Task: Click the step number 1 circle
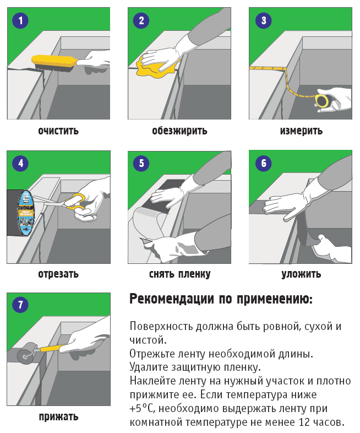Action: (x=21, y=21)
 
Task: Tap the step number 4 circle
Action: (x=21, y=164)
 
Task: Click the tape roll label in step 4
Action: (x=26, y=212)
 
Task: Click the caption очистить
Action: (x=58, y=131)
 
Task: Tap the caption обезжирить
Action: (x=179, y=131)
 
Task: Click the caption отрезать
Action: (x=58, y=274)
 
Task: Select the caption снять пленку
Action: (x=179, y=274)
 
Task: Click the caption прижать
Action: (x=58, y=416)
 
